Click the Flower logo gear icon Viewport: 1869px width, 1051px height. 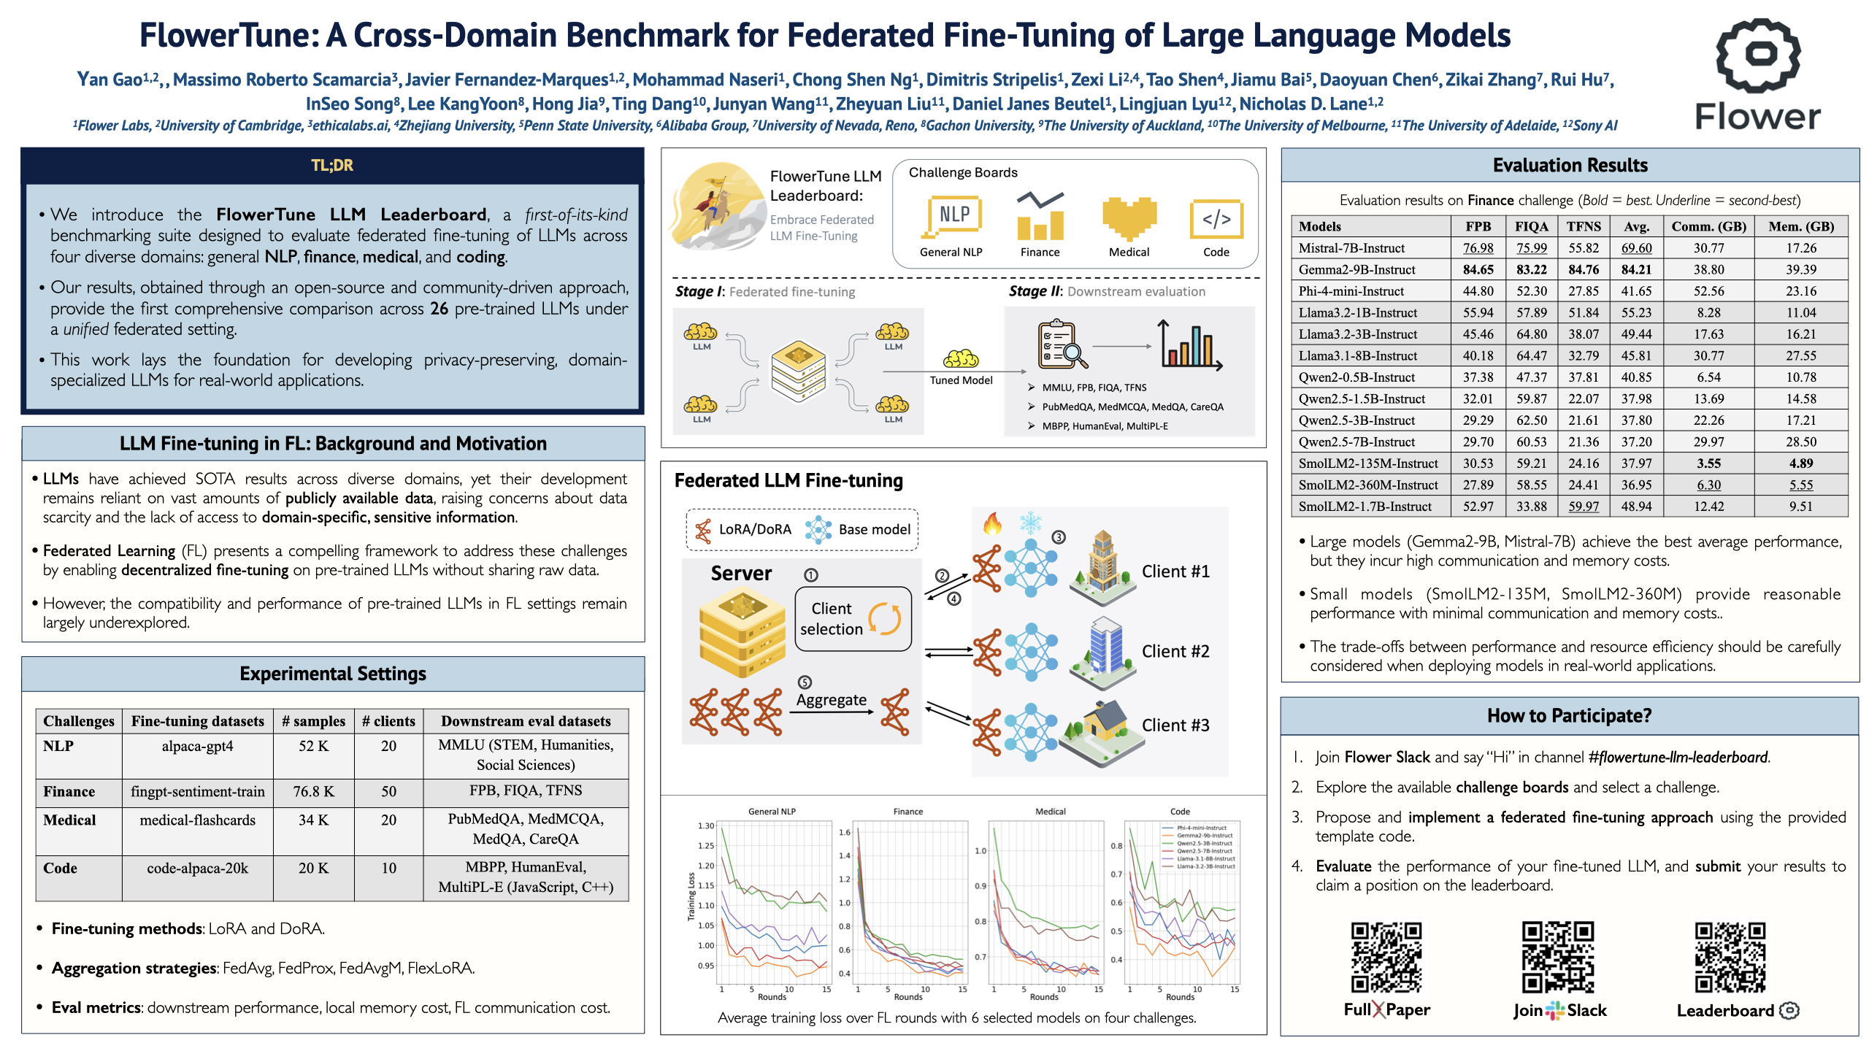click(1758, 55)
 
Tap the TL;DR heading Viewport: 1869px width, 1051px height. click(332, 166)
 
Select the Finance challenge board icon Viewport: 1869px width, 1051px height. click(1040, 217)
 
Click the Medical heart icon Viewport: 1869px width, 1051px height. click(1129, 217)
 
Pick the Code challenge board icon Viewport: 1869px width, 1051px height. click(1216, 219)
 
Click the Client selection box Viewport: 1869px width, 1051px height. click(853, 619)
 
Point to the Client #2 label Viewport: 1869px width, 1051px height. click(1175, 651)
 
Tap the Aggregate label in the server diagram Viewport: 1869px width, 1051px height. click(832, 700)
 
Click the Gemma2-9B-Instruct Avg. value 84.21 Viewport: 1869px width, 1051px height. click(1636, 269)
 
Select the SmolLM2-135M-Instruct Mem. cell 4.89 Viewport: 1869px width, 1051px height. click(1801, 463)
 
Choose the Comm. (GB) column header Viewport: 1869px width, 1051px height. click(1708, 226)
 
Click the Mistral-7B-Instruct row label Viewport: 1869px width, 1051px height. click(1351, 248)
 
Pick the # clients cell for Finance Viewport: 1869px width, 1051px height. click(388, 791)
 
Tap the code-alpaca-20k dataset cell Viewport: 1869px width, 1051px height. click(197, 869)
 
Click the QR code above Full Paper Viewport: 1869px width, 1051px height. click(1386, 957)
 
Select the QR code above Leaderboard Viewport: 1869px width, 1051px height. click(1730, 957)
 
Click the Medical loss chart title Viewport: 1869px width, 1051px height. click(1050, 812)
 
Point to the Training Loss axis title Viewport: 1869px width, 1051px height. click(691, 896)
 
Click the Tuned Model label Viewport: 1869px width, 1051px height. click(961, 380)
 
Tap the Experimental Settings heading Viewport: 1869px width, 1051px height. click(333, 674)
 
